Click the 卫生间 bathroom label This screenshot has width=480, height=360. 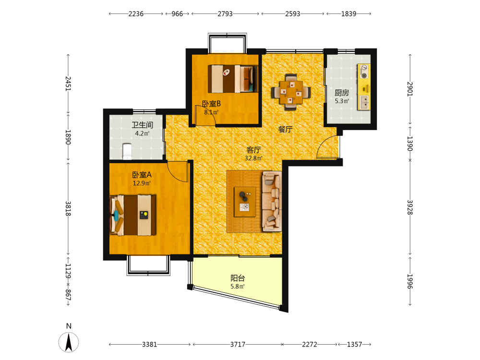(143, 125)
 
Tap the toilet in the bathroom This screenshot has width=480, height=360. (127, 152)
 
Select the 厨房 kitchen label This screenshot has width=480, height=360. (342, 93)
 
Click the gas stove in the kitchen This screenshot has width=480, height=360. (364, 71)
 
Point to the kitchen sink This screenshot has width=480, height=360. (364, 102)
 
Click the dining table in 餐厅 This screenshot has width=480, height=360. (291, 92)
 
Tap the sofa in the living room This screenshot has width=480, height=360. (272, 202)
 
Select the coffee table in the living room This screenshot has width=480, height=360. (245, 202)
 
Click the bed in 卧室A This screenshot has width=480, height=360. (133, 215)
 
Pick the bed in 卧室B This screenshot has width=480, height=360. (233, 79)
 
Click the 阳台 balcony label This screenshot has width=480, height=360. (238, 278)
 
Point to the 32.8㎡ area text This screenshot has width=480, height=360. (253, 158)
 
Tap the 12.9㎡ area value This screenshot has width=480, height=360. (142, 183)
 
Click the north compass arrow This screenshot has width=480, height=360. (69, 342)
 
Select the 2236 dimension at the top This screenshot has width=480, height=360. (136, 14)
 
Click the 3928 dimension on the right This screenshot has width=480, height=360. (410, 207)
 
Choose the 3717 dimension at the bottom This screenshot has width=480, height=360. (238, 344)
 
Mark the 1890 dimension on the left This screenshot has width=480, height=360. (68, 137)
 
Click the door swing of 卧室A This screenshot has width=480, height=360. (178, 171)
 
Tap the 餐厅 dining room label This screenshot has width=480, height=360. (285, 129)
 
